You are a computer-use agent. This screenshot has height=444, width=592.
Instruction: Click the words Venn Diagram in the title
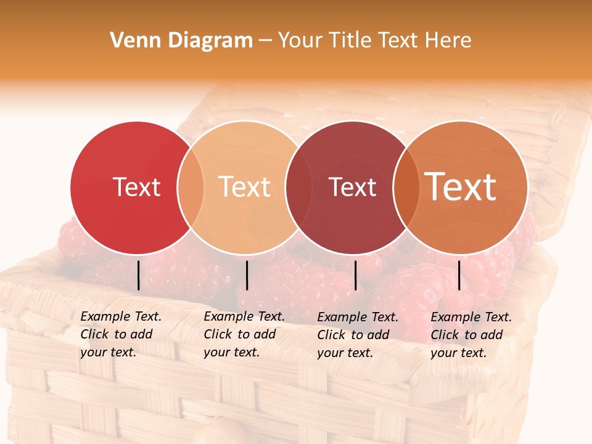(x=181, y=41)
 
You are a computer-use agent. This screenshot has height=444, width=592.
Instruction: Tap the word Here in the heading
(x=449, y=41)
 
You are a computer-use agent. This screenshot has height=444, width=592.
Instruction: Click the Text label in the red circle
(x=136, y=187)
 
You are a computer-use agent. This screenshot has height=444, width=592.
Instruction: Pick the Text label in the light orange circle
(x=245, y=187)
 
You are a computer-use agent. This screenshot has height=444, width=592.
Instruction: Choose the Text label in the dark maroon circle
(x=352, y=187)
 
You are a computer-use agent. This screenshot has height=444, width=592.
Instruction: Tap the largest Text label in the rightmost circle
(x=461, y=186)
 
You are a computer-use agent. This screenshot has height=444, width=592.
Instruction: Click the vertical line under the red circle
(x=138, y=275)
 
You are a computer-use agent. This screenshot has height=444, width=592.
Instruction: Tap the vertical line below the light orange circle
(x=247, y=275)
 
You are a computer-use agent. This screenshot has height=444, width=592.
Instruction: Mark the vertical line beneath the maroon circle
(x=355, y=275)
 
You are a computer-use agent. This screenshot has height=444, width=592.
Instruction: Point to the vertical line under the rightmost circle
(x=459, y=275)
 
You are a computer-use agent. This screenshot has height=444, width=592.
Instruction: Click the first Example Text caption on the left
(x=120, y=334)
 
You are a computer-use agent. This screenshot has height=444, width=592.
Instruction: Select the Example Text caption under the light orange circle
(x=244, y=334)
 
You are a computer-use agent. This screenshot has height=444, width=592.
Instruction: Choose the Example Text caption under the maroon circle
(x=357, y=335)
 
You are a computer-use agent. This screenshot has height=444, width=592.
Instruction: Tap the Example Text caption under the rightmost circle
(x=471, y=335)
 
